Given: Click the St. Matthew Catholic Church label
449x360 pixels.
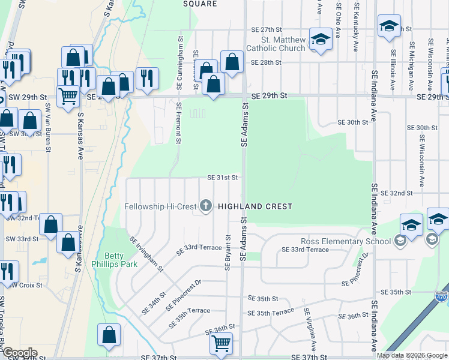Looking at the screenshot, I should tap(280, 44).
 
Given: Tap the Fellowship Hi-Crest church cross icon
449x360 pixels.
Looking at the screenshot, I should tap(206, 206).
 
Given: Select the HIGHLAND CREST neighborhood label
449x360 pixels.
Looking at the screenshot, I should tap(255, 206).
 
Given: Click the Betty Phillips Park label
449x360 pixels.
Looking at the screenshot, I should tap(110, 259).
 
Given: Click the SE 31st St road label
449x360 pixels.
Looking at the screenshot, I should tap(223, 178).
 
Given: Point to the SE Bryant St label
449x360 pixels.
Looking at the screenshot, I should tap(228, 253).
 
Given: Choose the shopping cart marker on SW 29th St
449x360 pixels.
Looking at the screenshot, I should tap(68, 95).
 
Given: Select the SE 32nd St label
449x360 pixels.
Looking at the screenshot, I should tap(397, 193).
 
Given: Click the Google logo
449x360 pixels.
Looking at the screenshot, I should tap(20, 353).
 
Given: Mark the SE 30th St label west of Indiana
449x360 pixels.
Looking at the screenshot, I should tap(353, 122).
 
